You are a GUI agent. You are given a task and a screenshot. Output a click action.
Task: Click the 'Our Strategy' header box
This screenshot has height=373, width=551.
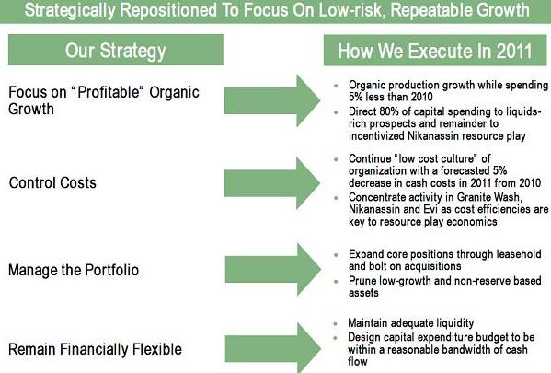pyautogui.click(x=116, y=50)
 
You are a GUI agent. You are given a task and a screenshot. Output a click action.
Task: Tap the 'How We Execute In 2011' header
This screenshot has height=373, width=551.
pyautogui.click(x=435, y=51)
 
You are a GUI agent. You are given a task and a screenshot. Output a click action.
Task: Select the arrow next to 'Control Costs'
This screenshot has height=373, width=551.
pyautogui.click(x=272, y=183)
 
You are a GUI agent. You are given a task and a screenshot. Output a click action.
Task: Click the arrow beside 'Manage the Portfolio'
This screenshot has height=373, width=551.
pyautogui.click(x=273, y=270)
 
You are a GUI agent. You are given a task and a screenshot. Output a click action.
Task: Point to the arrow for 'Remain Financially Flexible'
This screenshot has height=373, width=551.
pyautogui.click(x=273, y=348)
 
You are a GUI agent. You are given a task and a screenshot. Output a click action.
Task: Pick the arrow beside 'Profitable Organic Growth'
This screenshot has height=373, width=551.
pyautogui.click(x=272, y=100)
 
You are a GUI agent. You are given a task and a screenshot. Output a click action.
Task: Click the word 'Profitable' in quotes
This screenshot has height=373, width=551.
pyautogui.click(x=109, y=92)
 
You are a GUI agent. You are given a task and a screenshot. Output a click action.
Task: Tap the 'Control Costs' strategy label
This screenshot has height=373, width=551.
pyautogui.click(x=52, y=183)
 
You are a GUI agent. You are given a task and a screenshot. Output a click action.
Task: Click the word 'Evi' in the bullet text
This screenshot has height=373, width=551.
pyautogui.click(x=430, y=209)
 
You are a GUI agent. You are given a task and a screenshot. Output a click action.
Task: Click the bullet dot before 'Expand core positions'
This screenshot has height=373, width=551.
pyautogui.click(x=337, y=254)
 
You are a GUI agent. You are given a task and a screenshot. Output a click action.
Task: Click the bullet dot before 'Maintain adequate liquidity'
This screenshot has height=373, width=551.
pyautogui.click(x=336, y=323)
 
